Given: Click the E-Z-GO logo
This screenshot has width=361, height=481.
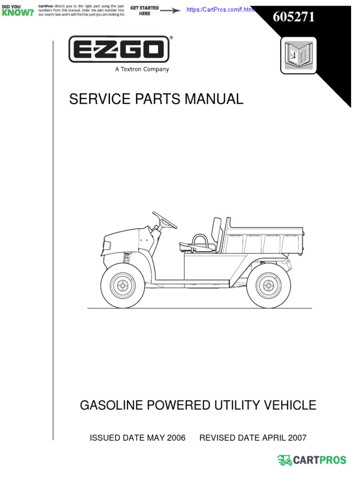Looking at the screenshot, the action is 119,50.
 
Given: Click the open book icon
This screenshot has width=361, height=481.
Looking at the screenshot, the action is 298,55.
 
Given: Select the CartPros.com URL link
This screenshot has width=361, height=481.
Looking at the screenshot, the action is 220,10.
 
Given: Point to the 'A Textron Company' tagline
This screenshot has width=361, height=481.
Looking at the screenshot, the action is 141,70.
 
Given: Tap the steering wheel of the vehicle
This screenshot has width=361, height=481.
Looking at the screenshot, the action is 165,220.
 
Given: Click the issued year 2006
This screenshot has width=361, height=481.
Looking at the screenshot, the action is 176,438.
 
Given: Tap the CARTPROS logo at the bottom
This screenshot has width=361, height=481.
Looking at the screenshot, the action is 312,460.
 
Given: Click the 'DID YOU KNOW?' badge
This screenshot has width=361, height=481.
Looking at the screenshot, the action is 17,10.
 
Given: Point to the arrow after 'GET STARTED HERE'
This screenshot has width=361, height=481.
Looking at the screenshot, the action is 170,10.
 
